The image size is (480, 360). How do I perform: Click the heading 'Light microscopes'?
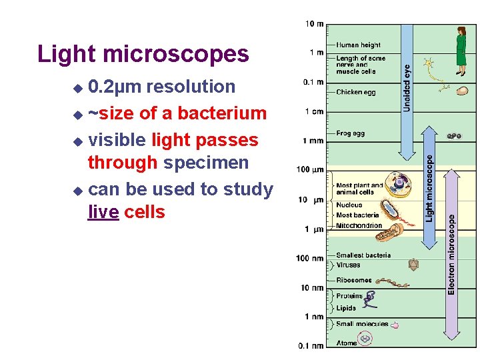click(x=143, y=54)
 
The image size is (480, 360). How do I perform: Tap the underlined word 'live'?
click(x=103, y=212)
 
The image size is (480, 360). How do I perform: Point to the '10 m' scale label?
click(x=315, y=24)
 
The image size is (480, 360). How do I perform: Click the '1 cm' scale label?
click(x=315, y=111)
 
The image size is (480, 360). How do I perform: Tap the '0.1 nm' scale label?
click(x=311, y=345)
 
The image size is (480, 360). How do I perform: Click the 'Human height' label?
click(x=358, y=45)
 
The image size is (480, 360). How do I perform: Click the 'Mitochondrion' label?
click(x=359, y=225)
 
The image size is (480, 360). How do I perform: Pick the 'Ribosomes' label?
click(x=353, y=281)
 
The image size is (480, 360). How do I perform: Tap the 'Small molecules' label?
click(x=362, y=324)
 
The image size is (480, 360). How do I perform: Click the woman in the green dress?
click(x=461, y=46)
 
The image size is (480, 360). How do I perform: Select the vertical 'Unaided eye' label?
click(x=407, y=87)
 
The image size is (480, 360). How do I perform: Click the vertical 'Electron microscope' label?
click(x=451, y=253)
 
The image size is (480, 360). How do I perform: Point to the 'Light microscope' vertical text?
click(x=429, y=189)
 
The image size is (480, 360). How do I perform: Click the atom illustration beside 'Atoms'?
click(x=365, y=339)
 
